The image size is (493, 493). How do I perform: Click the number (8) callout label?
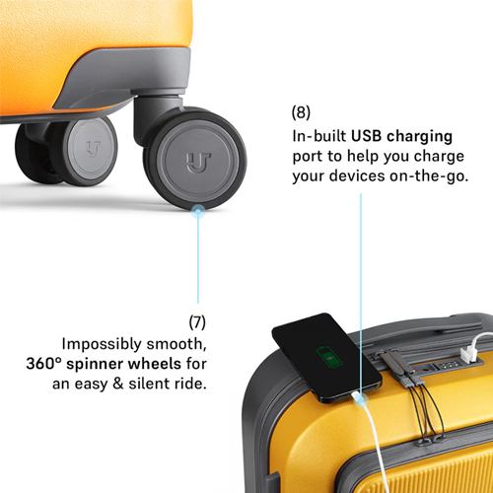(x=301, y=112)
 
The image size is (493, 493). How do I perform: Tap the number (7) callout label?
(x=197, y=322)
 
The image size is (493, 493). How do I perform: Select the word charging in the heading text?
(x=419, y=137)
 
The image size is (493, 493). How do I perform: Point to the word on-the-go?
(x=429, y=176)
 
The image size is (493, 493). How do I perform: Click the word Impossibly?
(x=102, y=345)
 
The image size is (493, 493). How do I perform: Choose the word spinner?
(x=96, y=365)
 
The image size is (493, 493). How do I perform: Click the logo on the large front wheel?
(x=198, y=163)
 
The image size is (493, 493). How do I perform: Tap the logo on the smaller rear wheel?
(x=94, y=149)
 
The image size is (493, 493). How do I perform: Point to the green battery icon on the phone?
(x=329, y=358)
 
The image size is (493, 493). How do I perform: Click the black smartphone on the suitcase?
(x=327, y=358)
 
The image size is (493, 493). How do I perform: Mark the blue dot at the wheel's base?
(x=198, y=212)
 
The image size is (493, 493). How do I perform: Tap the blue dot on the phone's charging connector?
(x=361, y=400)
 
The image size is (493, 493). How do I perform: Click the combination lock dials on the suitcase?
(x=448, y=365)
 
